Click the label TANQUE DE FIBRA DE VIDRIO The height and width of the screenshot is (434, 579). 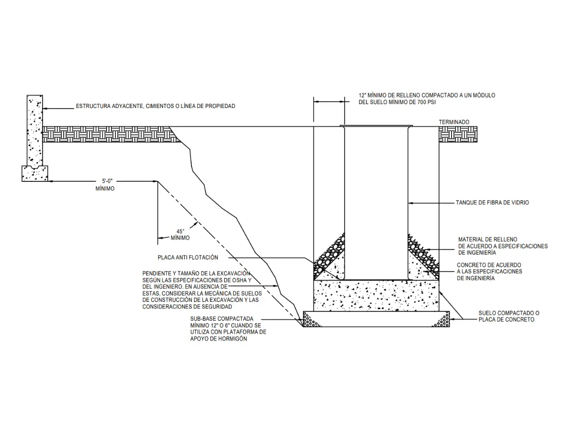point(492,203)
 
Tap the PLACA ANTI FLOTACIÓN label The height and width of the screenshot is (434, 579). point(188,257)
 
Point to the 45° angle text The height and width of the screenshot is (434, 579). point(180,231)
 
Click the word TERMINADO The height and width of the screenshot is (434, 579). point(454,122)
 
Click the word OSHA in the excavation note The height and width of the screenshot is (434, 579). point(238,280)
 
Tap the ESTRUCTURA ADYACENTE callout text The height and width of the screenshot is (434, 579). point(155,106)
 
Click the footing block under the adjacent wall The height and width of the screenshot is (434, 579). point(34,173)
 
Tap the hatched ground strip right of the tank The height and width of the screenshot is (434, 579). point(458,134)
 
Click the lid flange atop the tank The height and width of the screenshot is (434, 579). point(376,126)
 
